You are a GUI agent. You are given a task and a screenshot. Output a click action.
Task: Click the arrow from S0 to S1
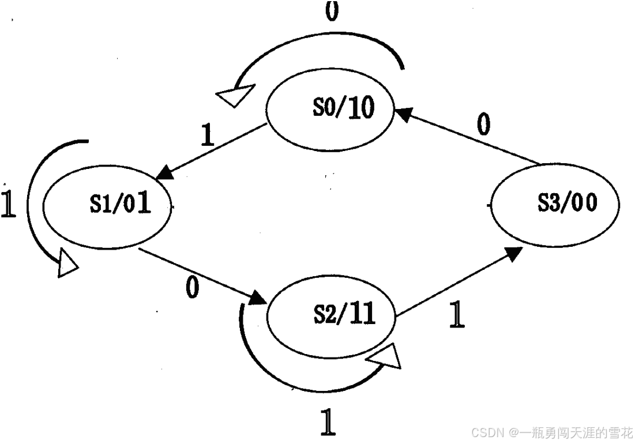(x=213, y=150)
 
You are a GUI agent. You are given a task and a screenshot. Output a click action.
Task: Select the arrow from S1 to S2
(x=202, y=275)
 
